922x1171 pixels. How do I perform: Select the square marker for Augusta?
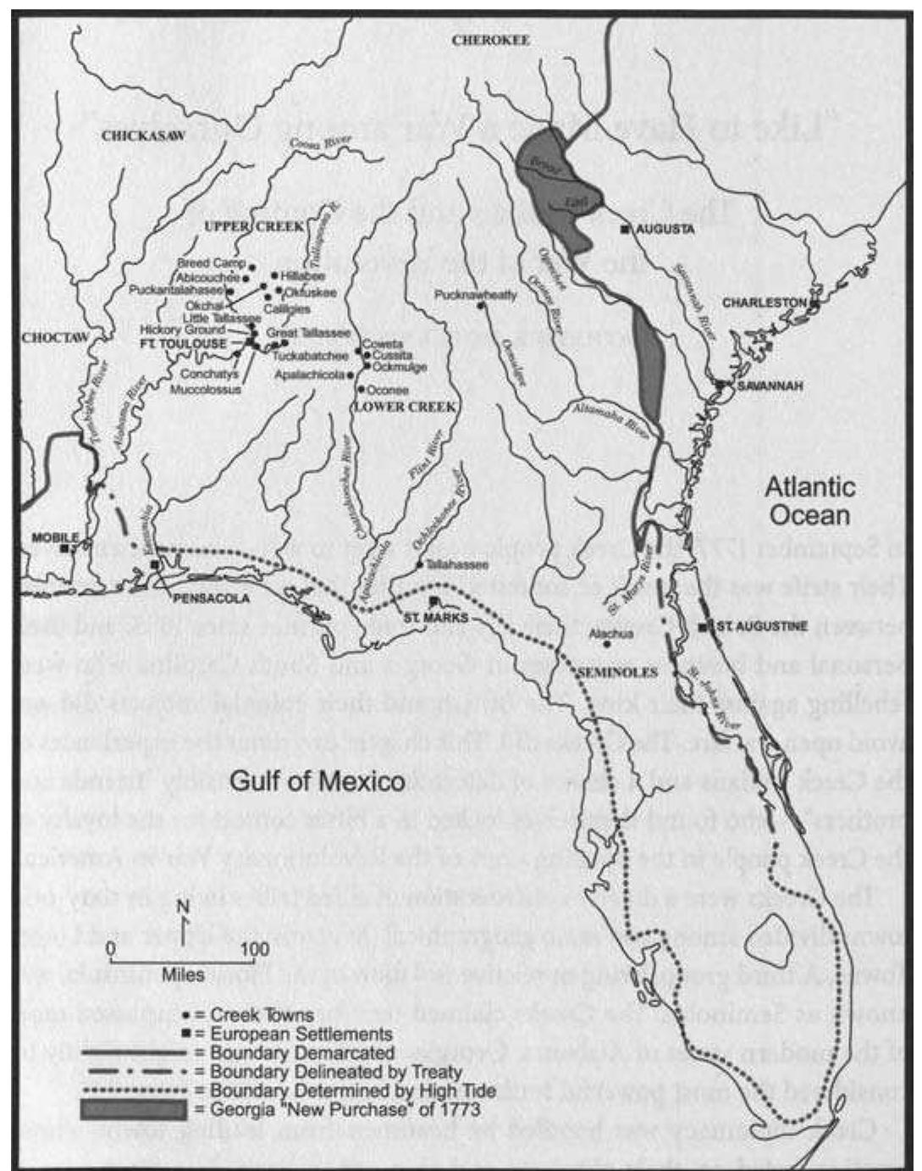point(625,230)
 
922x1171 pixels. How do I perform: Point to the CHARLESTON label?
point(763,302)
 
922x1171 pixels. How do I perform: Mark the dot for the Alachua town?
point(607,644)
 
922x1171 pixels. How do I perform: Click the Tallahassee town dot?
point(420,564)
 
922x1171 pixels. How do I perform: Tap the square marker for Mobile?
point(64,549)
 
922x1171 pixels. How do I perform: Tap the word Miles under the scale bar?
point(183,975)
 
